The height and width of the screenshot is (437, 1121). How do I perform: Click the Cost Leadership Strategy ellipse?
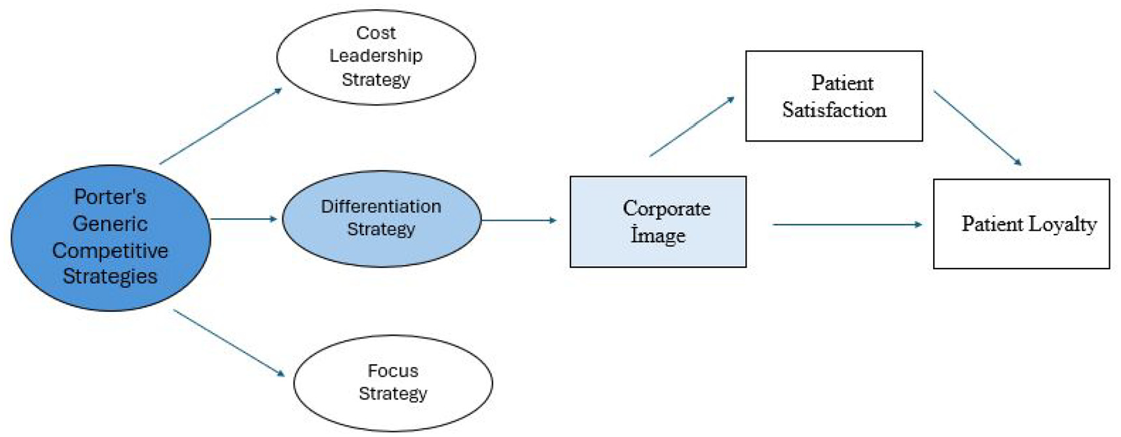376,57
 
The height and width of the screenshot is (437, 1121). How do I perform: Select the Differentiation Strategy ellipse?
381,219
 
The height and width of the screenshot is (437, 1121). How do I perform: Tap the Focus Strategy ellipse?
393,383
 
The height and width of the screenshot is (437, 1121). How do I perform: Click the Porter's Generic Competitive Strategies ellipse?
111,238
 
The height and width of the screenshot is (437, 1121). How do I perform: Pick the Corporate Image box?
658,221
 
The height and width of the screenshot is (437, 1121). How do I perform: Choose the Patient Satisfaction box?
834,96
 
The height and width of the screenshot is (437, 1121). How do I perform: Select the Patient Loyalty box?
1021,224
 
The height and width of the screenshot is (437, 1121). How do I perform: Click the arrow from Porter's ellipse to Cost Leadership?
221,126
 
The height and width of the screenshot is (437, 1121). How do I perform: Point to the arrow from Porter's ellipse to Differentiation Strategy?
244,219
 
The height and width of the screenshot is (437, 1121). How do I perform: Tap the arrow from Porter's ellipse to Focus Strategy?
229,343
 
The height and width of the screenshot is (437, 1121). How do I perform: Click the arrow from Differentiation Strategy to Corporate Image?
519,220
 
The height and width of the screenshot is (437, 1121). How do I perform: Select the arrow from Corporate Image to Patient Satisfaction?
692,126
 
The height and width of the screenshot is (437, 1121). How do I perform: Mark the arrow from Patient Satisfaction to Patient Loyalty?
978,128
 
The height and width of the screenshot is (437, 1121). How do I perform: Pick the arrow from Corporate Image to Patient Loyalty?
847,225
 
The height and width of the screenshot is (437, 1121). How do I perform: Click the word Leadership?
376,56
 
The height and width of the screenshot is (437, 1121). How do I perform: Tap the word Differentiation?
381,206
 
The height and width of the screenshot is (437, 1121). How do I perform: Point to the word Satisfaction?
834,109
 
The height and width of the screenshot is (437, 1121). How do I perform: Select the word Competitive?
110,251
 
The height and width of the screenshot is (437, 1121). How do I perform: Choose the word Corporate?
667,209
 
